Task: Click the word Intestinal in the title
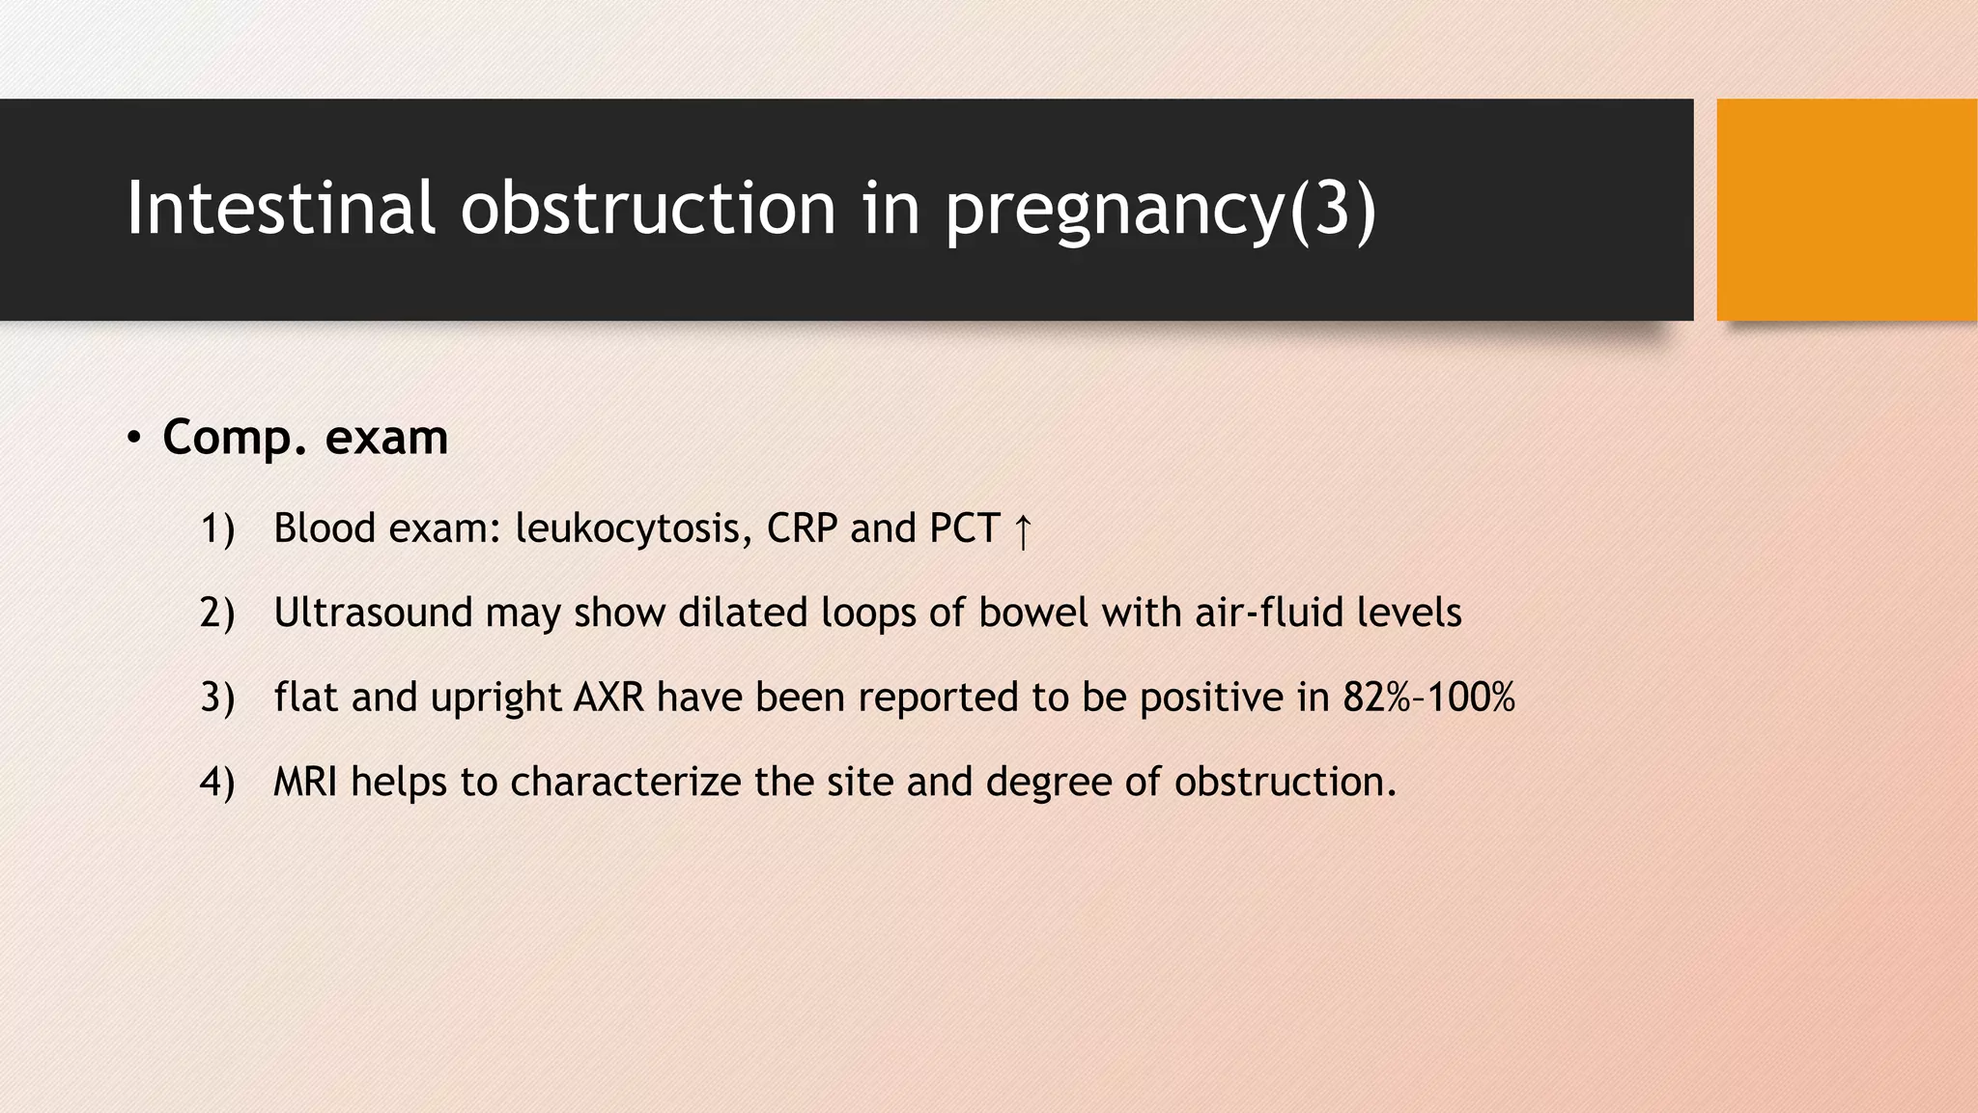point(280,208)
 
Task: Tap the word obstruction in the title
point(648,208)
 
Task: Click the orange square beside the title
point(1846,210)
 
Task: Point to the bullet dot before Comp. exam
point(134,439)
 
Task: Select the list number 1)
point(217,529)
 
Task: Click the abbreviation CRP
point(802,528)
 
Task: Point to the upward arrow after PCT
point(1023,531)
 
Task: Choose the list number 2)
point(217,614)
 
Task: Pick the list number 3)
point(217,698)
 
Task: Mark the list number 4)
point(217,782)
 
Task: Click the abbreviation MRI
point(305,781)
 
